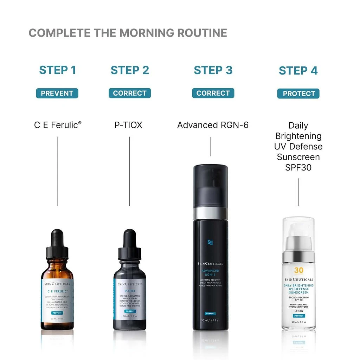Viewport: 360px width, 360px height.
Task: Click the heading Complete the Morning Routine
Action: [x=128, y=33]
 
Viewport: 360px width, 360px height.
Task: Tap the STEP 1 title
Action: [x=57, y=70]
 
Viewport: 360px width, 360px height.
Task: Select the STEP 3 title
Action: [x=213, y=70]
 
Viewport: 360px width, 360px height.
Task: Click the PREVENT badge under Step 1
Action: [x=57, y=93]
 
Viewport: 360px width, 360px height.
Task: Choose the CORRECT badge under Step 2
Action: [x=129, y=93]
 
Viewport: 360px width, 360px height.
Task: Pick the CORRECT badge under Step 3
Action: [x=213, y=93]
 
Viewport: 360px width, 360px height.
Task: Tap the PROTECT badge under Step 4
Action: [x=298, y=94]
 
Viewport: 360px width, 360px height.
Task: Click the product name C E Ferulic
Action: [x=57, y=125]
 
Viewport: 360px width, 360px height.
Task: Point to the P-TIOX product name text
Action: [x=128, y=125]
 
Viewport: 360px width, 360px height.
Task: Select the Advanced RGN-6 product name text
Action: [x=213, y=125]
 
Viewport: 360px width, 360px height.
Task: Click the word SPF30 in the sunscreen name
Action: [x=298, y=167]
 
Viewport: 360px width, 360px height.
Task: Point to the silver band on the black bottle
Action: [x=211, y=213]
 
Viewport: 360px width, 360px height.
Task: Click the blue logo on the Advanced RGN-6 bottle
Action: [x=210, y=242]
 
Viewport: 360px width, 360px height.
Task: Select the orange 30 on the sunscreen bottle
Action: [x=298, y=270]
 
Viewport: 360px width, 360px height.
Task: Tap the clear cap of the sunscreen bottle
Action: [x=298, y=232]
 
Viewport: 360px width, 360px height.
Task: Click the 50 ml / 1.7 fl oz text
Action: [x=210, y=320]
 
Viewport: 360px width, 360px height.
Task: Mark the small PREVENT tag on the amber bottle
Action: [x=57, y=313]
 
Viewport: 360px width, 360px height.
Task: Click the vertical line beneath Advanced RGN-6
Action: [x=211, y=146]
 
